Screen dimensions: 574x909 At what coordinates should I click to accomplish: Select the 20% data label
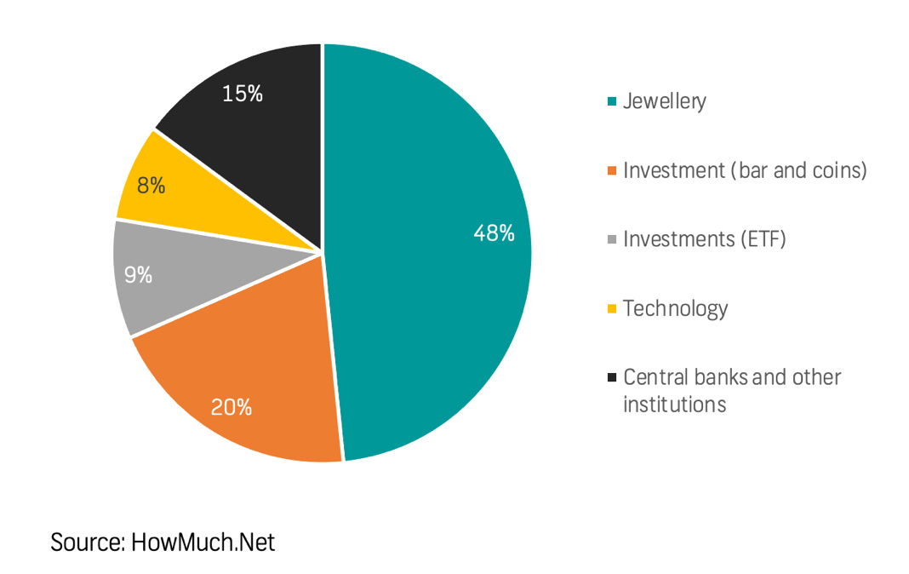[232, 407]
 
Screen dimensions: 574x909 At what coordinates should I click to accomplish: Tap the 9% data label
[138, 275]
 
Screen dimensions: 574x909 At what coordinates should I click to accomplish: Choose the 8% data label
[151, 185]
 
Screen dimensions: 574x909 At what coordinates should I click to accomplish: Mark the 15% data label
[242, 94]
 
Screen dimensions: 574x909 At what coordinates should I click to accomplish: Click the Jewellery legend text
[664, 101]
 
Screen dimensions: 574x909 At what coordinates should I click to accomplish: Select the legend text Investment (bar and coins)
[745, 170]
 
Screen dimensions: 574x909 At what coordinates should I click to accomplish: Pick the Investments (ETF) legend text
[704, 239]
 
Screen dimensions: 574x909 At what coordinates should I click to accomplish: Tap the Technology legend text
[675, 308]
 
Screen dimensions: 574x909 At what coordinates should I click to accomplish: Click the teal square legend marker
[611, 102]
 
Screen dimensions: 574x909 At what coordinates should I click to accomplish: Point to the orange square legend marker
[611, 171]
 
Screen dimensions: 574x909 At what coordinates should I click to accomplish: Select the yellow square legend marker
[611, 308]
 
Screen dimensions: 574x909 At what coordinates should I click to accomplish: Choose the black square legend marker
[611, 377]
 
